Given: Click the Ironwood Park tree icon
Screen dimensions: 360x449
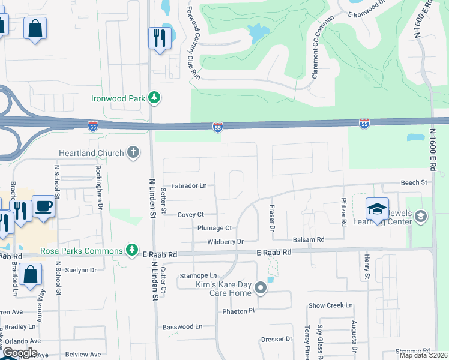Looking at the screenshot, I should coord(154,97).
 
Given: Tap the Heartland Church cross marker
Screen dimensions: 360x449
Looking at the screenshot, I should coord(133,153).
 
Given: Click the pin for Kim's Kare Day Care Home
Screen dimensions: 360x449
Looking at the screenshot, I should coord(261,288).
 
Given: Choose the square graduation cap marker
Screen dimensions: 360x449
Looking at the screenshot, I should coord(377,209).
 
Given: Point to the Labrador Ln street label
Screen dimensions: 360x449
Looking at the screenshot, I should coord(188,186).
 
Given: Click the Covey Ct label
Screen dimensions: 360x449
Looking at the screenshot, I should coord(191,214).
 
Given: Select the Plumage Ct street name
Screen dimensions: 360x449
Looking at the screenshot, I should coord(214,228).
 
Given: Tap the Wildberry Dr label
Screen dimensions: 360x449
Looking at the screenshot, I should coord(224,242).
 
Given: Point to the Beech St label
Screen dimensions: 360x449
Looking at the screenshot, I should coord(414,182).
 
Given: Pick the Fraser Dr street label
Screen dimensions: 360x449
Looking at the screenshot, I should coord(272,217).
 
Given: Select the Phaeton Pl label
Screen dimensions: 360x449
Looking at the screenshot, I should coord(238,311).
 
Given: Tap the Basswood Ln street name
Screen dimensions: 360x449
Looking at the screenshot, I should coord(182,326).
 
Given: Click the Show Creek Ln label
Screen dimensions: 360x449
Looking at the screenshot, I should coord(330,305).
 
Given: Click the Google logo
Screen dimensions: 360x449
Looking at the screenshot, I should coord(20,353).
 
